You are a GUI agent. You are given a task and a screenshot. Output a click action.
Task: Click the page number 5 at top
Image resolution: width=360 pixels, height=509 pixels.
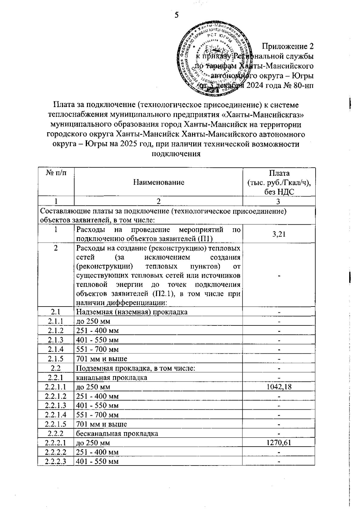176,15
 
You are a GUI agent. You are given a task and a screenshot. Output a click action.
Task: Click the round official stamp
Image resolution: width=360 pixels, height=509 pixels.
214,60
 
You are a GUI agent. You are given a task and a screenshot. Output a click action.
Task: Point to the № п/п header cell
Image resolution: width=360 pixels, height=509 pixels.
56,173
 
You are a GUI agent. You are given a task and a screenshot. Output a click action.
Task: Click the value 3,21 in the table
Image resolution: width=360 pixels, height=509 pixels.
279,234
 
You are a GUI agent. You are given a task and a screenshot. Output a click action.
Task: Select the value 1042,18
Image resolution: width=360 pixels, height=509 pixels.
279,387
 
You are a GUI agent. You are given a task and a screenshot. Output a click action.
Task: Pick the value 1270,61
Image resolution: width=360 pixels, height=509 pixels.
279,443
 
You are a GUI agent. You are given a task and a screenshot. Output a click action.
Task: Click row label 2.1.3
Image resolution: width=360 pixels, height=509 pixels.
56,340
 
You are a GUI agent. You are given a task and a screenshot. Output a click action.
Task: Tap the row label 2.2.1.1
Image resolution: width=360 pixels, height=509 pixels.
56,387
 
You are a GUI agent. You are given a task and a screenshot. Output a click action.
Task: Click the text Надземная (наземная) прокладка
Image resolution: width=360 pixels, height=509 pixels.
132,312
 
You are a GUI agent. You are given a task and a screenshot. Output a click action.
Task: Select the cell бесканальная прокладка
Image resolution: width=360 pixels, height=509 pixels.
117,434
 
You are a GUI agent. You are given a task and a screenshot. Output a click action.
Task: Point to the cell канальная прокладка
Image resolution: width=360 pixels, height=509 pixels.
112,378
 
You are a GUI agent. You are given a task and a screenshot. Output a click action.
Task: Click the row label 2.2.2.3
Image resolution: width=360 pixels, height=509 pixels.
56,462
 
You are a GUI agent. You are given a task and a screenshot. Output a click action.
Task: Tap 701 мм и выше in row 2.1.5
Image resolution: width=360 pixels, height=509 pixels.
102,359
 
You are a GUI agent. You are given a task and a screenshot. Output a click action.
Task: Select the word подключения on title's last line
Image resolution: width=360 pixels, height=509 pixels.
176,154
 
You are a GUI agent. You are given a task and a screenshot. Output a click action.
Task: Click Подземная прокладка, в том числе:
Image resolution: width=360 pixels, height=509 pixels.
136,368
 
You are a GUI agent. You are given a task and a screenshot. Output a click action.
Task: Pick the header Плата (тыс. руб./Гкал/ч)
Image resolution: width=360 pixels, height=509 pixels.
279,182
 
